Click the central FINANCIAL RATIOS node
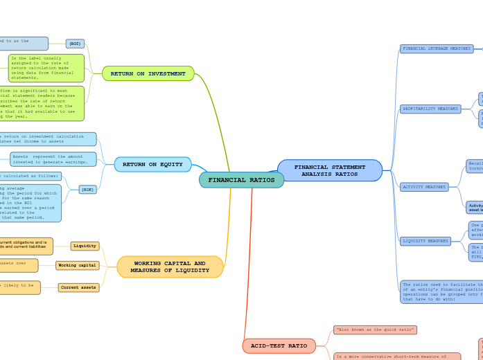[x=241, y=180]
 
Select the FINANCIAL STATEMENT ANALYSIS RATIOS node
[x=330, y=170]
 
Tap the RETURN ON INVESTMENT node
[x=148, y=73]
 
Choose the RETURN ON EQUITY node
[x=152, y=165]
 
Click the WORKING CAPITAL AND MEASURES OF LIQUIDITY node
[x=170, y=267]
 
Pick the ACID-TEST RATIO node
[x=279, y=345]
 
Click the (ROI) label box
[x=75, y=44]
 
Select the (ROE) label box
[x=88, y=189]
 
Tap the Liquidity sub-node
[x=85, y=246]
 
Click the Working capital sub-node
[x=78, y=265]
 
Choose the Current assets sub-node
[x=78, y=287]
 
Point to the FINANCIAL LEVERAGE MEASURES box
[x=437, y=48]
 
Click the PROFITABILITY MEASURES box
[x=430, y=109]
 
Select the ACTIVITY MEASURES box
[x=424, y=187]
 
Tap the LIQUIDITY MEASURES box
[x=425, y=241]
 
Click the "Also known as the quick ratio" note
[x=375, y=330]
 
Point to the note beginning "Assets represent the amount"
[x=53, y=159]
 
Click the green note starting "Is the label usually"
[x=46, y=68]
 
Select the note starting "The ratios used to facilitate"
[x=441, y=291]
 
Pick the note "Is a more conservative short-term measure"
[x=396, y=357]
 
